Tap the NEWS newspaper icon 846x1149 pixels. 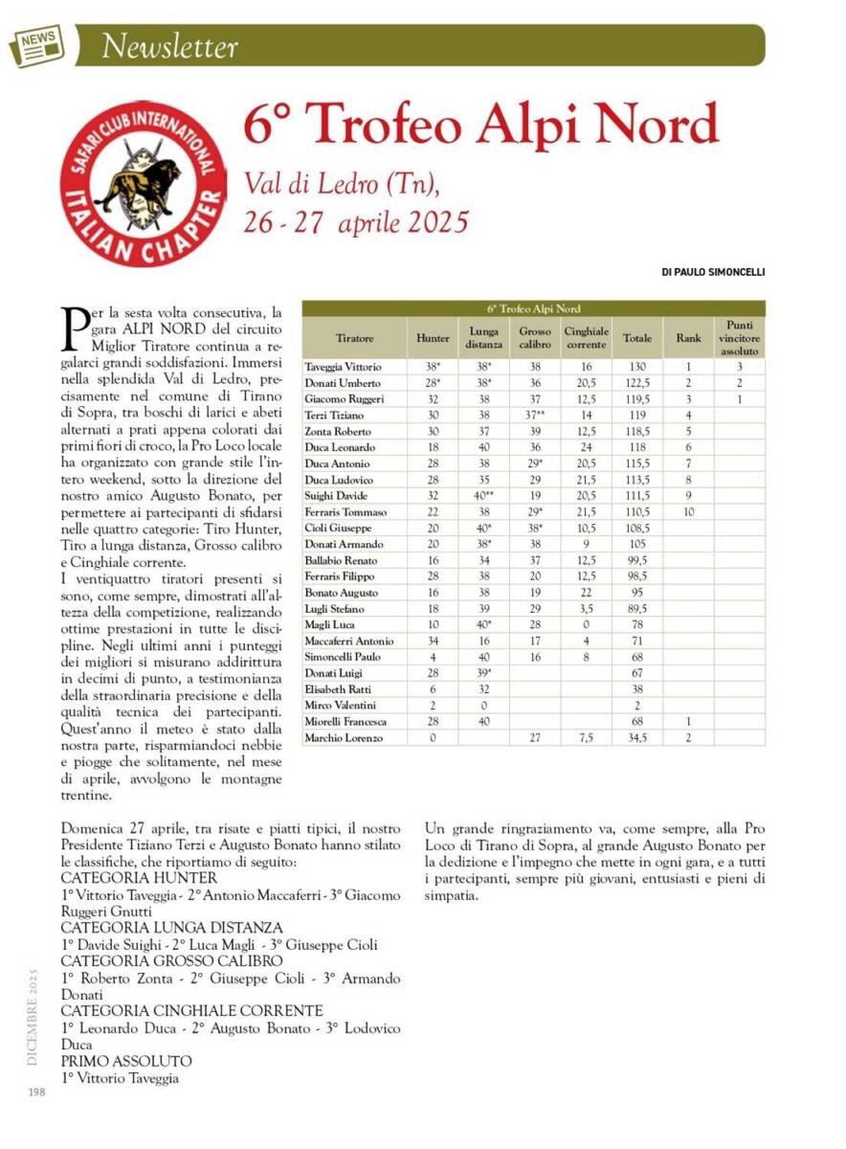(36, 44)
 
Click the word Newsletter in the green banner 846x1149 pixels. (169, 46)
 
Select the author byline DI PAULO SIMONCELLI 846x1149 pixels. (713, 272)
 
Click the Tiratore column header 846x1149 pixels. (354, 338)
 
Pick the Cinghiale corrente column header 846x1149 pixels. (586, 338)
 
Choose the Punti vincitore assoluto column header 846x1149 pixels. (739, 338)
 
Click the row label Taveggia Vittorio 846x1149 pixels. (343, 367)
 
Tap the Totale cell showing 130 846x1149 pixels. (636, 367)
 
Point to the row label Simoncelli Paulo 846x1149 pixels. (343, 657)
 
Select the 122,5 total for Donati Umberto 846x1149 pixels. (636, 383)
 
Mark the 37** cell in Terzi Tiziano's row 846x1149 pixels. (534, 416)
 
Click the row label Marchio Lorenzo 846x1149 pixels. (343, 737)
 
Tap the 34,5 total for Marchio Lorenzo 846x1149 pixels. (636, 737)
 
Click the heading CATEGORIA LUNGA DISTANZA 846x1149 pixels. (171, 928)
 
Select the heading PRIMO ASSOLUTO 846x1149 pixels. (126, 1062)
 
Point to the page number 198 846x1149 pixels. (37, 1093)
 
